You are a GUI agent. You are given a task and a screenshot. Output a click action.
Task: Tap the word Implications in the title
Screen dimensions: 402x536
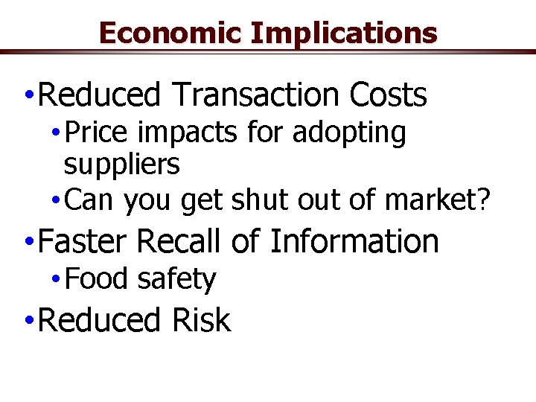tap(344, 33)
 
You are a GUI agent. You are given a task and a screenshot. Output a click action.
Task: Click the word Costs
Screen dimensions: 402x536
tap(387, 95)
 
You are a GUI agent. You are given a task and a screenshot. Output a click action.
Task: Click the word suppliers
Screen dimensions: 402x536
tap(121, 165)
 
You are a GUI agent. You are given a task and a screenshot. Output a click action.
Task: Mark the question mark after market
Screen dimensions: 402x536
tap(485, 200)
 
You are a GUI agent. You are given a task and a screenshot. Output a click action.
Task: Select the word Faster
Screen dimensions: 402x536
tap(83, 242)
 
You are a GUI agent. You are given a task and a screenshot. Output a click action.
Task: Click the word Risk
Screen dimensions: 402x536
tap(201, 321)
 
